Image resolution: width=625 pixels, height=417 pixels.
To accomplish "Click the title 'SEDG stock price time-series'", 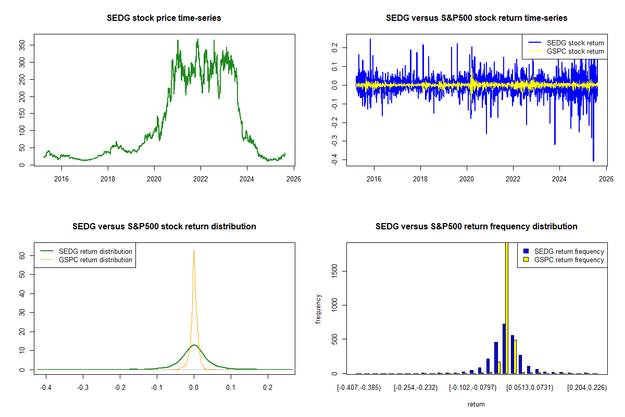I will (164, 18).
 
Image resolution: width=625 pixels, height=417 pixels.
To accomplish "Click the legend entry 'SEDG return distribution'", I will (96, 251).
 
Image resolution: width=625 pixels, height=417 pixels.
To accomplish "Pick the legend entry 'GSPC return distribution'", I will (96, 260).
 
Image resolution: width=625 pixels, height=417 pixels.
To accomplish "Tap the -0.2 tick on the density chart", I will (120, 388).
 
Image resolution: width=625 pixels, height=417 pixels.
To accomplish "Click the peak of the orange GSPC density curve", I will (194, 251).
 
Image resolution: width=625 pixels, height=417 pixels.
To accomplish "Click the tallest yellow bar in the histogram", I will (506, 308).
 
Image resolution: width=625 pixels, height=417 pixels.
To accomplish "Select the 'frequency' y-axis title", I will (319, 309).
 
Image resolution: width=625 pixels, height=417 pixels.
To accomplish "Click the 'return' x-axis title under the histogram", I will (476, 404).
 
